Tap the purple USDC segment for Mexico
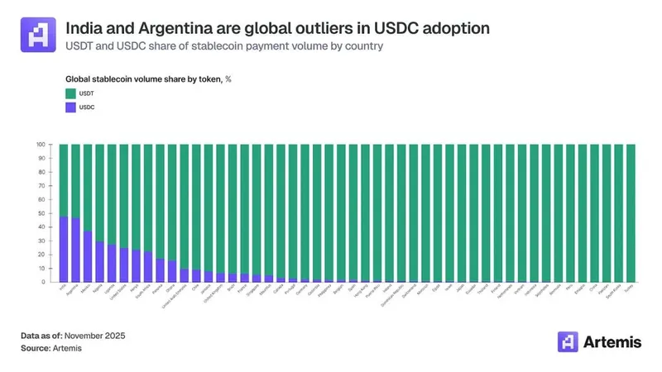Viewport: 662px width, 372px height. point(88,256)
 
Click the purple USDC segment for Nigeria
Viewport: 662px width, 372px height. point(99,261)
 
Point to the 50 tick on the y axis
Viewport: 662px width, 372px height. point(41,213)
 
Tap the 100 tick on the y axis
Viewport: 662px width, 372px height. point(40,145)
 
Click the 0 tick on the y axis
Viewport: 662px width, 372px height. point(42,282)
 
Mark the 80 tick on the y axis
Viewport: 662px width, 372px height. point(41,172)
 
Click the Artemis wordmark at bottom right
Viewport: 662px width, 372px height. point(613,342)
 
